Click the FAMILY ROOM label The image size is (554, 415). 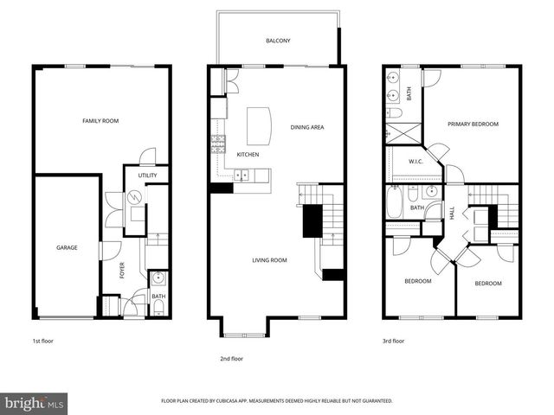pos(100,121)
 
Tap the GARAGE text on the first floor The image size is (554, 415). pos(67,248)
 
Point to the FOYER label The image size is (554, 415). pos(122,271)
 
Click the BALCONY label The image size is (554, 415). pos(279,41)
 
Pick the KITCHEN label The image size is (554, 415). pos(248,155)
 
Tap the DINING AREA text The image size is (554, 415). pos(306,128)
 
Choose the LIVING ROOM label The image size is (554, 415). pos(269,260)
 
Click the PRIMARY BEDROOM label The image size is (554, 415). pos(473,124)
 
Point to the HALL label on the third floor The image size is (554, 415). pos(452,213)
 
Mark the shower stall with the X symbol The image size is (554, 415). pos(401,133)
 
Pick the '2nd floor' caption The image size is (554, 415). pos(231,358)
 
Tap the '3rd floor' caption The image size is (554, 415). pos(393,342)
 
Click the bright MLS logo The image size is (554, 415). pos(35,403)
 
